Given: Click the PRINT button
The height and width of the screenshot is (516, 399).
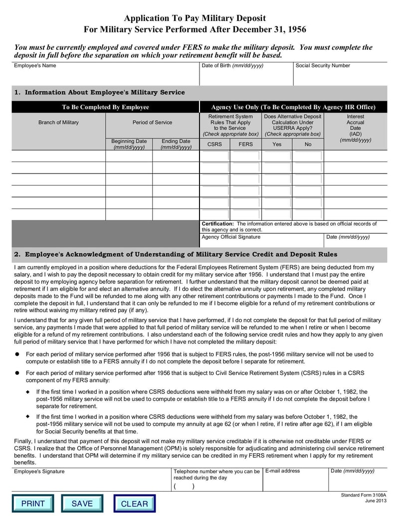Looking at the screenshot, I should click(x=33, y=504).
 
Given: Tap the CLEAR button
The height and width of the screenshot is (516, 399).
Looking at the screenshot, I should click(x=134, y=504).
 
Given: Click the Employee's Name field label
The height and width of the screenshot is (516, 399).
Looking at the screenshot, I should click(x=35, y=66).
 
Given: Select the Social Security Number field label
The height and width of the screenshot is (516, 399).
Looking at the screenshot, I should click(x=323, y=66).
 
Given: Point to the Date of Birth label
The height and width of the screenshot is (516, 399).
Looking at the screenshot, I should click(x=232, y=66).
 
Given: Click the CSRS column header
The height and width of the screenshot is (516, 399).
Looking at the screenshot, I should click(x=214, y=144).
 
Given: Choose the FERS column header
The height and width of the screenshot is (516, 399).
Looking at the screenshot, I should click(x=245, y=144).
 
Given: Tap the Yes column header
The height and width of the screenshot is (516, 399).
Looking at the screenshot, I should click(x=277, y=144).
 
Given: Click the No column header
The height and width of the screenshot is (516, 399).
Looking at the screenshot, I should click(x=308, y=144).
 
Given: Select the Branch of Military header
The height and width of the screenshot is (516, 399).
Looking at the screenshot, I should click(x=58, y=123).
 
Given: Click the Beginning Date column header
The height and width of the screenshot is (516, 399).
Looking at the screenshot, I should click(x=129, y=144).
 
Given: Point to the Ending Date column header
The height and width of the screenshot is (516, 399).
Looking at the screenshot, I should click(x=176, y=144).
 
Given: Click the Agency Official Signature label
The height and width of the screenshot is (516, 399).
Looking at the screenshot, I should click(x=231, y=237).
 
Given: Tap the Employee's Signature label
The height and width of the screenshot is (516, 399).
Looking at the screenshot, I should click(x=39, y=471).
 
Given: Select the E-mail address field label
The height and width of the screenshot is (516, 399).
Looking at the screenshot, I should click(x=283, y=471).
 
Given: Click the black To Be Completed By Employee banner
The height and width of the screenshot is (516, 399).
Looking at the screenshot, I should click(x=105, y=107).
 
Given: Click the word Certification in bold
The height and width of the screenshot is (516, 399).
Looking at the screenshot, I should click(x=217, y=224).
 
